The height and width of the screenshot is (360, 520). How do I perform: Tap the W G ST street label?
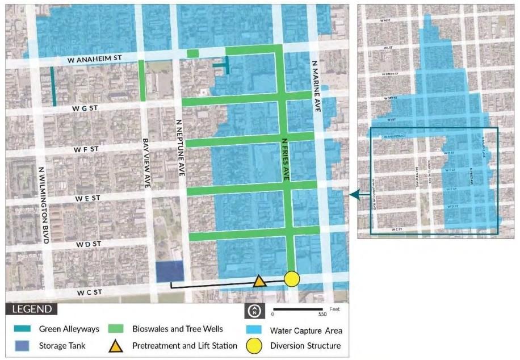pyautogui.click(x=86, y=107)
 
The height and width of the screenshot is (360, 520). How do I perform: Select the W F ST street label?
pyautogui.click(x=86, y=149)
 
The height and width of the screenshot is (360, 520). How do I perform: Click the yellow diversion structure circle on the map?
pyautogui.click(x=292, y=279)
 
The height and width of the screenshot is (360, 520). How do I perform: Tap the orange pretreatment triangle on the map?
pyautogui.click(x=259, y=281)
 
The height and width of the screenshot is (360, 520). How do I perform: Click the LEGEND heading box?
pyautogui.click(x=31, y=309)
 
